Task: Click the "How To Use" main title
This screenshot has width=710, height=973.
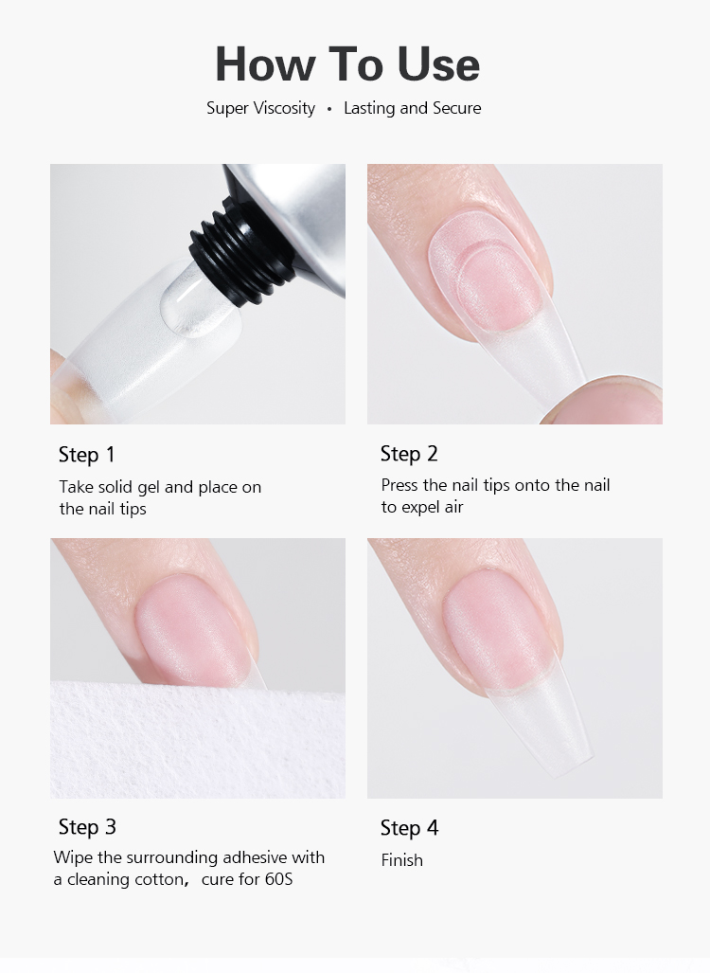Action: tap(347, 63)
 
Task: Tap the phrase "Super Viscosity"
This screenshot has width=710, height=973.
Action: tap(260, 108)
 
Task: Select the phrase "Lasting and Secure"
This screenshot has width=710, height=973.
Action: tap(412, 108)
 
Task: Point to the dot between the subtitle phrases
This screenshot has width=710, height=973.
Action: tap(329, 109)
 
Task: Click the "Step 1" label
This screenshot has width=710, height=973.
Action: tap(86, 455)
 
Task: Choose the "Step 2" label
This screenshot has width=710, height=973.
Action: tap(409, 454)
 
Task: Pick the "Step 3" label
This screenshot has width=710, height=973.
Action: tap(87, 827)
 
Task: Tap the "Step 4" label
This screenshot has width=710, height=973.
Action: tap(409, 828)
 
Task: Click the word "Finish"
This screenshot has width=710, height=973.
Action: tap(401, 860)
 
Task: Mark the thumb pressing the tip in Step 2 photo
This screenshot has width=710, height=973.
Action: tap(606, 398)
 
